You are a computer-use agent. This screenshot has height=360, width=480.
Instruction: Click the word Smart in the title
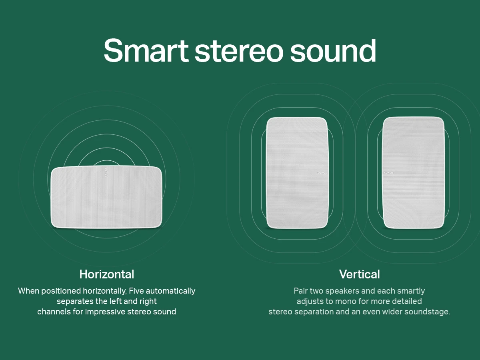pyautogui.click(x=146, y=50)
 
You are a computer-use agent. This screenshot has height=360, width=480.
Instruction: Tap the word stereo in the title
pyautogui.click(x=239, y=51)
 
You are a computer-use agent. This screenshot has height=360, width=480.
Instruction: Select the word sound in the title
pyautogui.click(x=333, y=50)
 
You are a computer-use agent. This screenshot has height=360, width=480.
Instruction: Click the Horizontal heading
pyautogui.click(x=107, y=274)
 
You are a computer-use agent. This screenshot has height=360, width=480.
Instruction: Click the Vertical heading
pyautogui.click(x=360, y=274)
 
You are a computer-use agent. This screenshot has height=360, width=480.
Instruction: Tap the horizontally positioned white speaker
pyautogui.click(x=106, y=197)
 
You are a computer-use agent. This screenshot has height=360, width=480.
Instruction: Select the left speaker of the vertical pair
pyautogui.click(x=297, y=173)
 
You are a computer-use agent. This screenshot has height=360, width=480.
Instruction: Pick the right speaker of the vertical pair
pyautogui.click(x=413, y=173)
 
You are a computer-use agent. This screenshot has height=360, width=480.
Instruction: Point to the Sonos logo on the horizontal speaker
pyautogui.click(x=106, y=172)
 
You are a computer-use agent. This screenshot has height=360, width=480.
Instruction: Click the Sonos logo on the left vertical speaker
pyautogui.click(x=322, y=173)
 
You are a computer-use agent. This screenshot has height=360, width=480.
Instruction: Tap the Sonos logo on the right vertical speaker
pyautogui.click(x=389, y=173)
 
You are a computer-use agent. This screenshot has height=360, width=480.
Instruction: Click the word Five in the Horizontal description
pyautogui.click(x=136, y=291)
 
